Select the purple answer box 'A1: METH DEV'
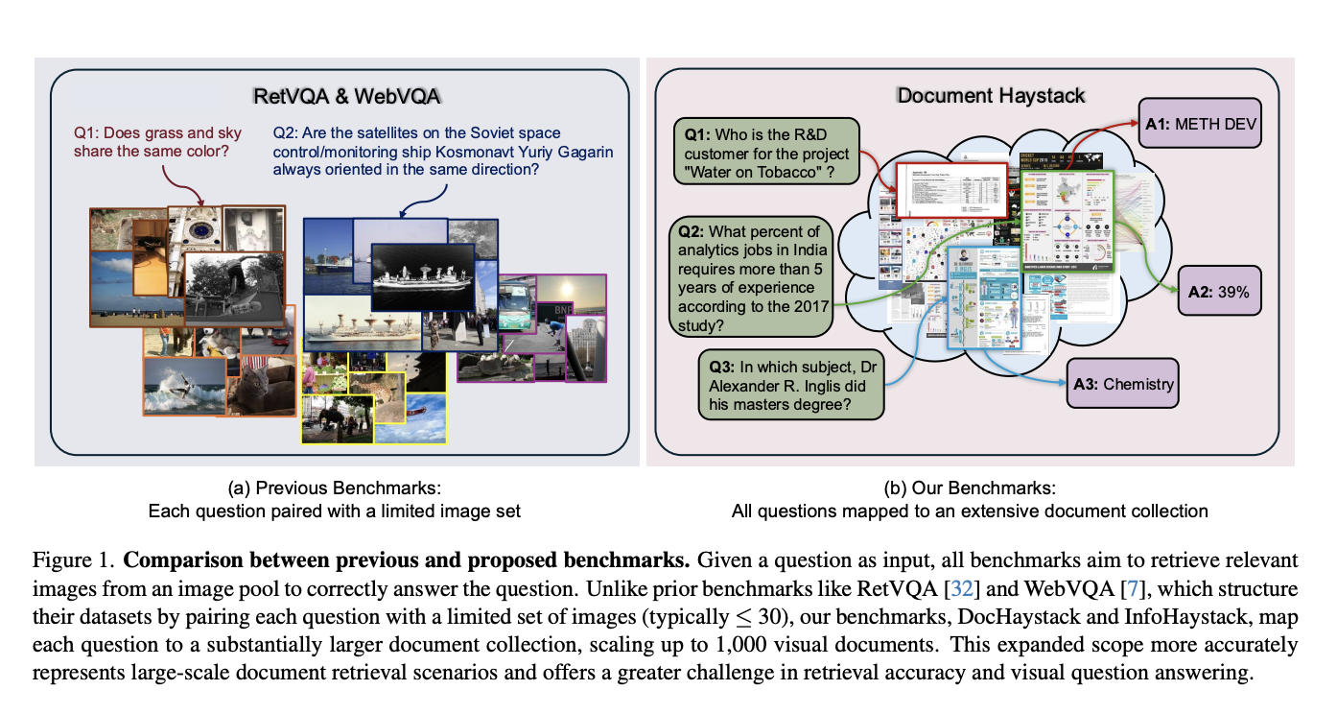point(1199,123)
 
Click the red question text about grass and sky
point(158,142)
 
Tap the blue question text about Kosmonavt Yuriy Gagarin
point(442,151)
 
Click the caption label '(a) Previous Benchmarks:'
point(334,488)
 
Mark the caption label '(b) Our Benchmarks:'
point(970,488)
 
